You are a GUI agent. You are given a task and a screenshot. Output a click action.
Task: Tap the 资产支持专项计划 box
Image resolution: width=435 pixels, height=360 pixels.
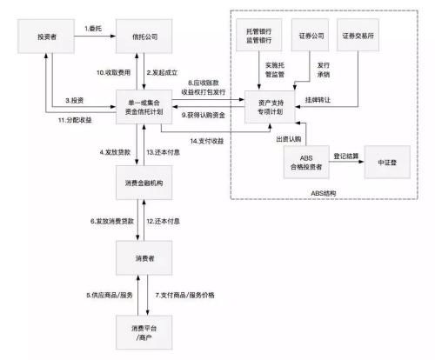[265, 108]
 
